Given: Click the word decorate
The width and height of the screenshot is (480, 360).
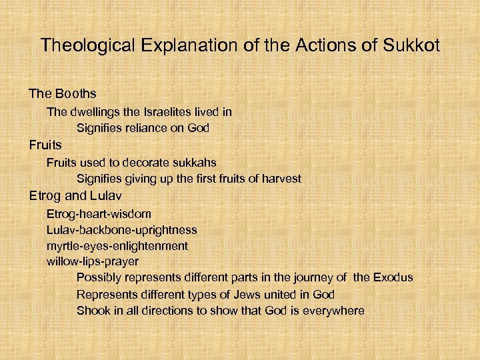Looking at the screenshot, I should pos(139,162).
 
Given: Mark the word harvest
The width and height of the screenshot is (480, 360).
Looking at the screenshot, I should pos(280,179).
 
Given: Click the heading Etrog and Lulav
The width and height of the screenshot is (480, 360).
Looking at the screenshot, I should pos(71,196).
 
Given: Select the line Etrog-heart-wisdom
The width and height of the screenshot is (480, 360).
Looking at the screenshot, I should pos(99,214).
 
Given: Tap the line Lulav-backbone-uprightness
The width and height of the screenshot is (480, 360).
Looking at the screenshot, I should pos(121,229).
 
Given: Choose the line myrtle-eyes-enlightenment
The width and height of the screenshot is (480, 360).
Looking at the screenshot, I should pos(117,245).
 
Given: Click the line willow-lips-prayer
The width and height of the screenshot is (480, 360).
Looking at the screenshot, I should pos(93,261).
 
